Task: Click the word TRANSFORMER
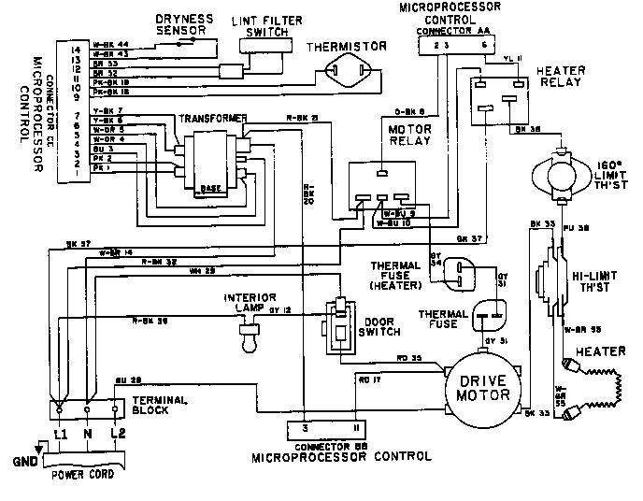coord(215,119)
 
